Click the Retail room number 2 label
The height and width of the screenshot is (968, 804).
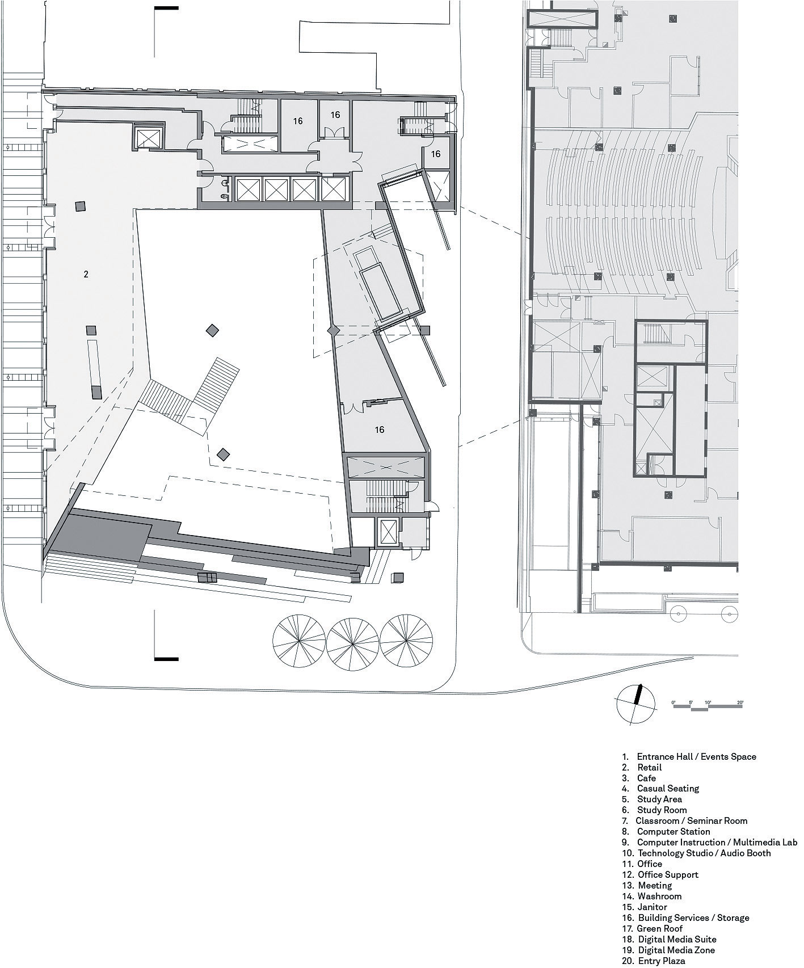pos(86,275)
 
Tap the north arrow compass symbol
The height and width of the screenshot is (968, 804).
pos(635,705)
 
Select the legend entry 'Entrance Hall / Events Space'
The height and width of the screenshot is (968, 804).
pos(689,756)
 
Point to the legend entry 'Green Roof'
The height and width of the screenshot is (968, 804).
pos(652,929)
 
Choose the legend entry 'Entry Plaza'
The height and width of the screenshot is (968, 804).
pos(653,961)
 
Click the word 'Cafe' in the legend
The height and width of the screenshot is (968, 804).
pos(646,778)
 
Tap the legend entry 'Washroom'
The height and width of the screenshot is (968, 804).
pos(651,897)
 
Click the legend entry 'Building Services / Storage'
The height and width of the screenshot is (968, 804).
pos(685,918)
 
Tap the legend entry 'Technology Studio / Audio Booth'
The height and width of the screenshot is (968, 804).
pos(696,853)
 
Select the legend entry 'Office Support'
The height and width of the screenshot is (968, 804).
pos(660,875)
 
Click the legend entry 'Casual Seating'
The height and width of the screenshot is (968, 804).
pos(660,789)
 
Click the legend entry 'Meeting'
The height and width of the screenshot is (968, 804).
pos(647,886)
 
